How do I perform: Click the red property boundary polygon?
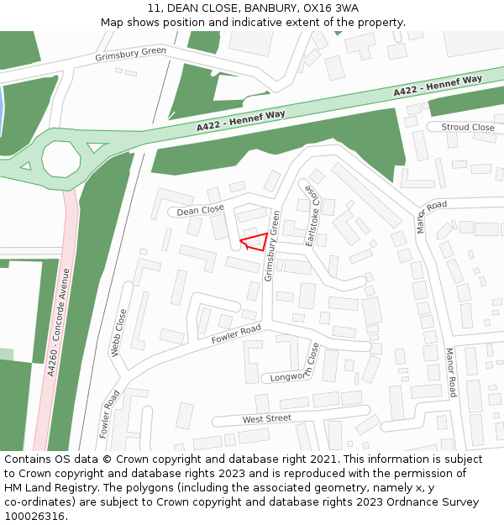(256, 242)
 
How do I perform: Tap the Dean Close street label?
(200, 210)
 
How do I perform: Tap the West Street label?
(266, 418)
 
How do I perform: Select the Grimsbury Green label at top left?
(130, 54)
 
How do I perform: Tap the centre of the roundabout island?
(61, 158)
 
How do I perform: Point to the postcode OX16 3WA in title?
(331, 8)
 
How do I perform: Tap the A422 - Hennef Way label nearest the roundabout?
(240, 120)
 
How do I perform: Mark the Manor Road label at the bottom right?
(451, 372)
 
